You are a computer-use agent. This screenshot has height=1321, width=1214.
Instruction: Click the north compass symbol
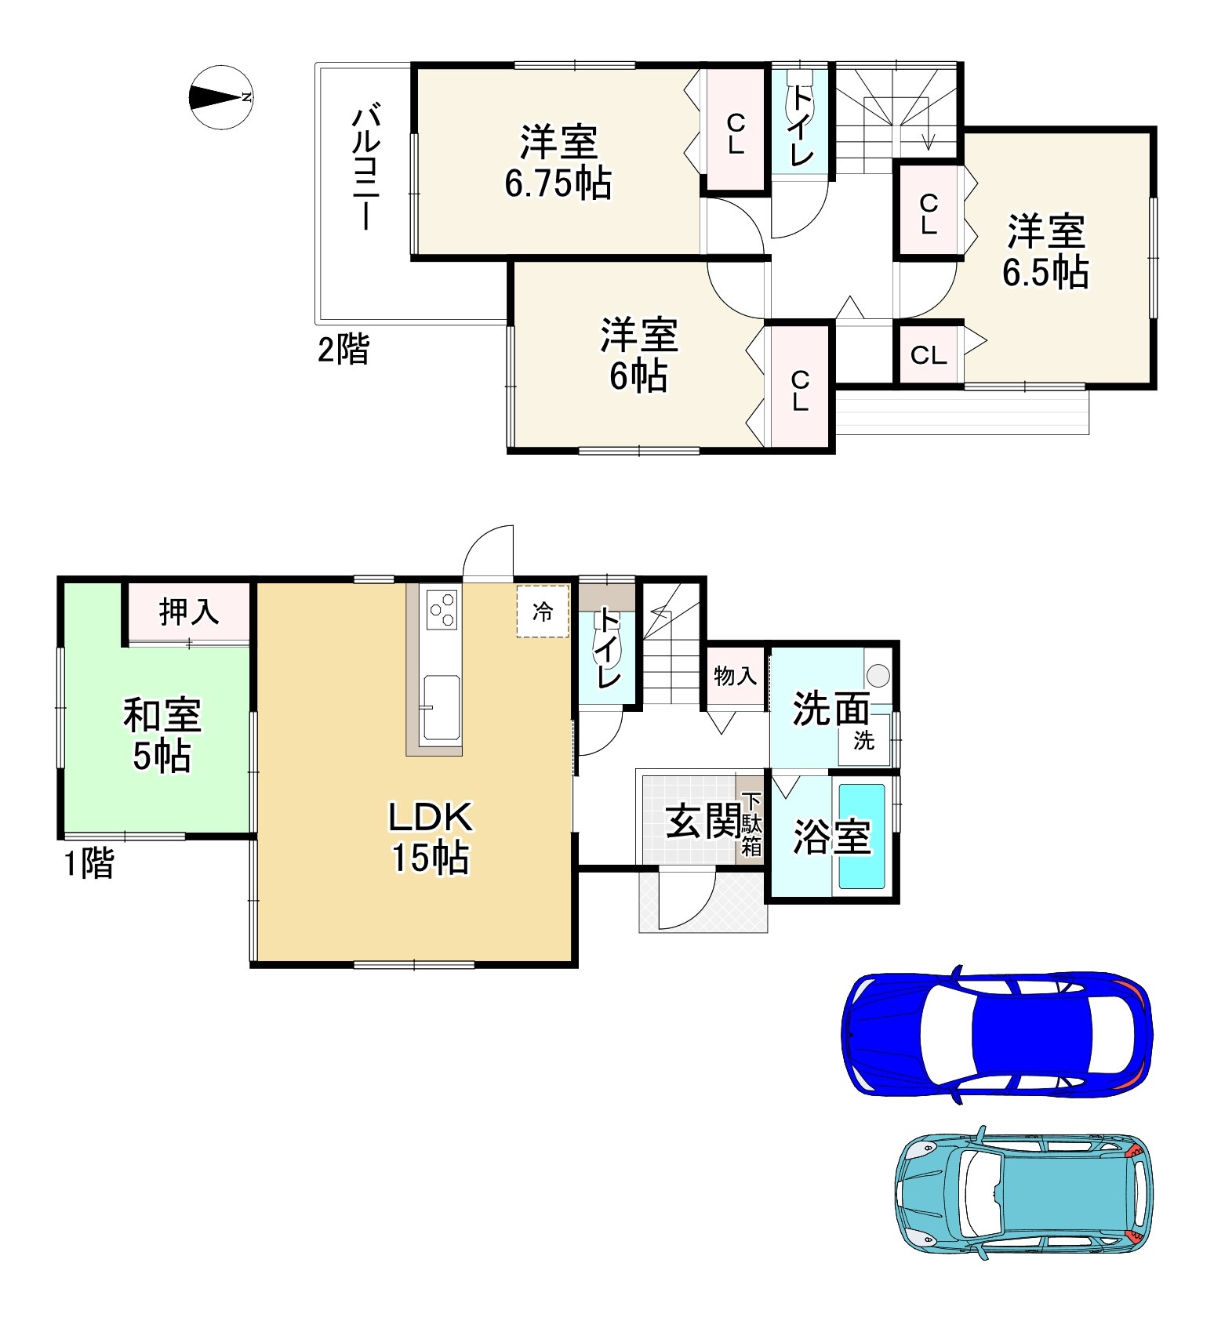pos(220,97)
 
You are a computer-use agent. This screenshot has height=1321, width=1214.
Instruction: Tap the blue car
pos(996,1034)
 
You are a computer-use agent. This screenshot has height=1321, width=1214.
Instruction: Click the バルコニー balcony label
pos(365,169)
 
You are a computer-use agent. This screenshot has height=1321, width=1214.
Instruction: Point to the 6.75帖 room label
pos(558,183)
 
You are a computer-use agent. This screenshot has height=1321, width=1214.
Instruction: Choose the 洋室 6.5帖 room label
pos(1045,252)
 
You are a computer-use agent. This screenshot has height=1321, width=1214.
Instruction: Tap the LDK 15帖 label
pos(431,837)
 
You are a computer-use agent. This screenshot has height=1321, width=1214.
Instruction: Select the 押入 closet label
pos(189,612)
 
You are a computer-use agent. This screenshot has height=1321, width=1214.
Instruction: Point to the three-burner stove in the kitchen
pos(442,609)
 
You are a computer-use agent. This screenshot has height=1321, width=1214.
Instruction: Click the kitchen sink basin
pos(442,709)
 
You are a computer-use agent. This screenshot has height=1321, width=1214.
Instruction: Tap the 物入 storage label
pos(736,675)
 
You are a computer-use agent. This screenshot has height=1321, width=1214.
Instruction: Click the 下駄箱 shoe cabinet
pos(751,824)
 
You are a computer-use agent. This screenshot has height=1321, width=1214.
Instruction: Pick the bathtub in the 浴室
pos(862,837)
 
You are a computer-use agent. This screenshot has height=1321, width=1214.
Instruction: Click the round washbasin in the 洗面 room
pos(878,674)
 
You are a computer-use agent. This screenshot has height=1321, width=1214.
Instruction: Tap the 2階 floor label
pos(343,350)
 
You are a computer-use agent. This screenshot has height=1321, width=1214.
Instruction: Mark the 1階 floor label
pos(89,863)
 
